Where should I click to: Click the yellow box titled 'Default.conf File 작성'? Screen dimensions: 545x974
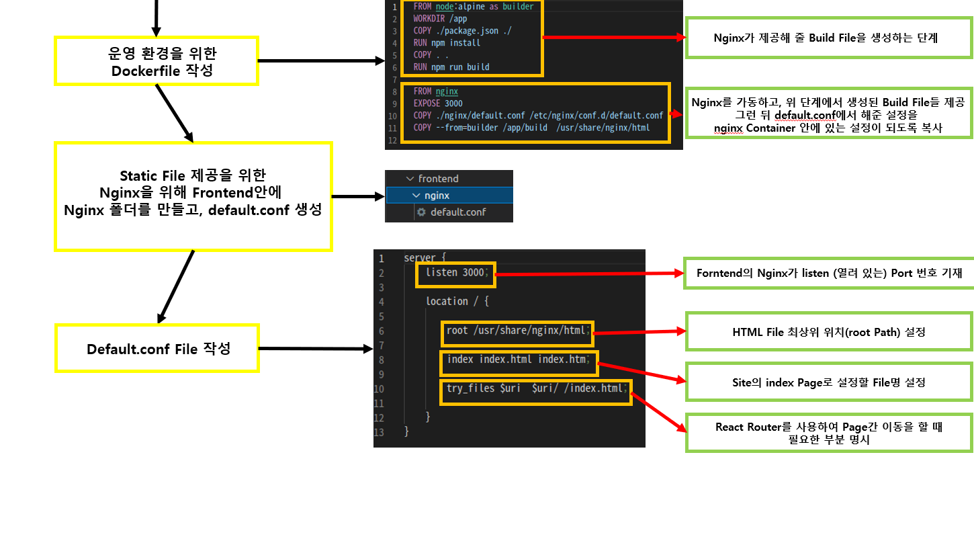coord(158,349)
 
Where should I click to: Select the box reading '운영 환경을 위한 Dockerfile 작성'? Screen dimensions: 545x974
coord(157,61)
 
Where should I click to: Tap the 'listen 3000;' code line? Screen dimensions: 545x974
coord(458,273)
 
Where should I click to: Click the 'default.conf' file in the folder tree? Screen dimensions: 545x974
coord(457,212)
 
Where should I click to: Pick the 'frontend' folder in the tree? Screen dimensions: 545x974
coord(438,179)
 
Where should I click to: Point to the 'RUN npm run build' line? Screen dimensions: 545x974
coord(451,67)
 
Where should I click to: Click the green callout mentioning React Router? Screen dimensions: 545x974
coord(829,433)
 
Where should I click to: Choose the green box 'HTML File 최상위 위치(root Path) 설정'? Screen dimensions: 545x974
coord(829,332)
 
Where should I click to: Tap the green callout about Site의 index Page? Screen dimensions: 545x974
coord(829,382)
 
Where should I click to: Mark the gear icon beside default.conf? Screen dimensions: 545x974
coord(421,212)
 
